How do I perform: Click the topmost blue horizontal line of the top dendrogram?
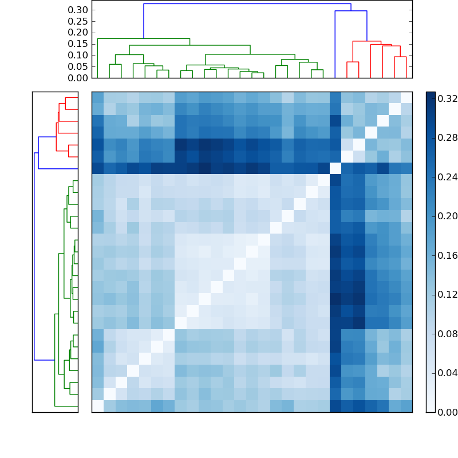247,4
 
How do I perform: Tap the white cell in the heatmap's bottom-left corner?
97,406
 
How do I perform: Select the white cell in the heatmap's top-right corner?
406,97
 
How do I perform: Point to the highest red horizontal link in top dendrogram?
366,41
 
